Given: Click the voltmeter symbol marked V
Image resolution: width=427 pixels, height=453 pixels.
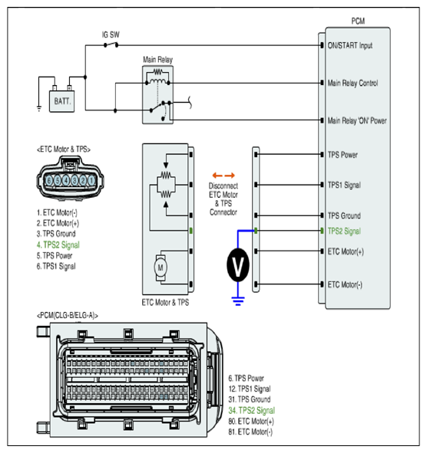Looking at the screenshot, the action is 237,265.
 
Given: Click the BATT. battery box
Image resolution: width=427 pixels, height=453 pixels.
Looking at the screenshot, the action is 61,101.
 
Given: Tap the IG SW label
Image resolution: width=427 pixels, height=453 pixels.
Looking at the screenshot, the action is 111,35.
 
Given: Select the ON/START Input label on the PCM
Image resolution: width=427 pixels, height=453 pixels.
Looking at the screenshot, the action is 350,46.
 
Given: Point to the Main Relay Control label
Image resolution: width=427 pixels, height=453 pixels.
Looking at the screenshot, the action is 353,84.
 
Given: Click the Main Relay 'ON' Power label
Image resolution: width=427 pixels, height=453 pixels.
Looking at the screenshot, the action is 357,120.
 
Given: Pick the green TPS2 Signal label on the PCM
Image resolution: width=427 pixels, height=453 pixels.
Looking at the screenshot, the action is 344,231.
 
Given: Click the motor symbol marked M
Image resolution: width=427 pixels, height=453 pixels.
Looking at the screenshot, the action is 160,268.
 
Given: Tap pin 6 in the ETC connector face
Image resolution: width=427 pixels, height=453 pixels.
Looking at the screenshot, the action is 49,181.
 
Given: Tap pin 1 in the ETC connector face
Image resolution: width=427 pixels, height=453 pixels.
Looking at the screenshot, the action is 91,181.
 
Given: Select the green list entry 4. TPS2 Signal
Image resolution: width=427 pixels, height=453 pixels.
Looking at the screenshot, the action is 58,245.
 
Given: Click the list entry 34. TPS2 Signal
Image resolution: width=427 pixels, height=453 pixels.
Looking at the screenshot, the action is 252,411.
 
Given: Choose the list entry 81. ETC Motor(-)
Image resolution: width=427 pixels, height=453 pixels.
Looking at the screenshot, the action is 250,432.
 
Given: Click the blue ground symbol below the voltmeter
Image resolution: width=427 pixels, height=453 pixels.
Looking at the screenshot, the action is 238,301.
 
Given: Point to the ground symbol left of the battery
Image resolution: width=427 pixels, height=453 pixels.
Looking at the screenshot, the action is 39,109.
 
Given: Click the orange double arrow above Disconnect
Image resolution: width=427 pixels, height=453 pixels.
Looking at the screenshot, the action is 223,176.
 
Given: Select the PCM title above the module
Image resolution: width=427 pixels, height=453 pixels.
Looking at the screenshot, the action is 358,21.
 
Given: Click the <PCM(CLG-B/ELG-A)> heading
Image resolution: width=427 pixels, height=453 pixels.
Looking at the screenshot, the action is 68,316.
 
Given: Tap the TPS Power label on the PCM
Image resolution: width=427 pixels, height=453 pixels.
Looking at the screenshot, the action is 343,155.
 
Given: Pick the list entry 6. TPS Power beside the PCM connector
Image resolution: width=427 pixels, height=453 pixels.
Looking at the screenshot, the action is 246,378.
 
